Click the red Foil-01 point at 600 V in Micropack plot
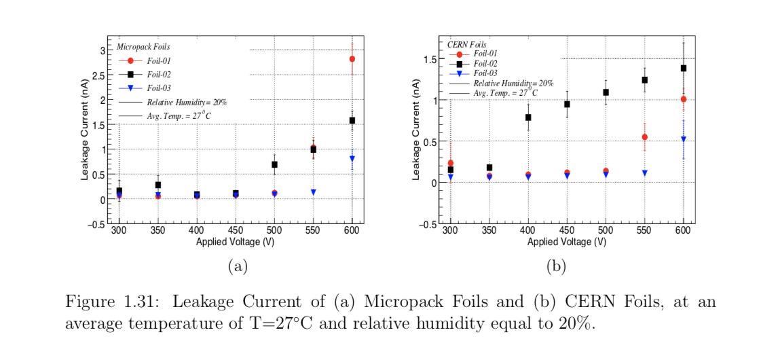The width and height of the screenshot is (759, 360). click(x=352, y=59)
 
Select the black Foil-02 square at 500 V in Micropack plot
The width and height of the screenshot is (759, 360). click(x=274, y=164)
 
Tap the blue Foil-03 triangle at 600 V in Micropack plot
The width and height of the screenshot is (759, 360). click(x=352, y=158)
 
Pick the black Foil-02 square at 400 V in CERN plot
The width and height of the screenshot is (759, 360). click(x=528, y=118)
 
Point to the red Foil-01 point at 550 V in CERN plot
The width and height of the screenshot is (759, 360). click(x=644, y=137)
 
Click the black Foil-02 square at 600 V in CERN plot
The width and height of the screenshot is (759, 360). click(x=683, y=68)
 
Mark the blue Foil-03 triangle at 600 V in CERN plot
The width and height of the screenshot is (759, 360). click(x=683, y=139)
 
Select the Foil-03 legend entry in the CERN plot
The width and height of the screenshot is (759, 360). click(x=485, y=73)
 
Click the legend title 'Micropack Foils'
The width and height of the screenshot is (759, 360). click(x=143, y=47)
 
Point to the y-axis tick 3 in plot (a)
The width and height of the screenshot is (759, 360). click(x=101, y=50)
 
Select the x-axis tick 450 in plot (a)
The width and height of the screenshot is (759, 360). click(x=235, y=231)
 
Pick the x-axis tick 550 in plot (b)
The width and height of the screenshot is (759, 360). click(x=644, y=231)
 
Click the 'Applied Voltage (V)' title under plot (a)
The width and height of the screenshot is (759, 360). click(x=235, y=242)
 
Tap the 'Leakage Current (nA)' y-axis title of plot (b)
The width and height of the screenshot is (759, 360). click(x=416, y=129)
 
